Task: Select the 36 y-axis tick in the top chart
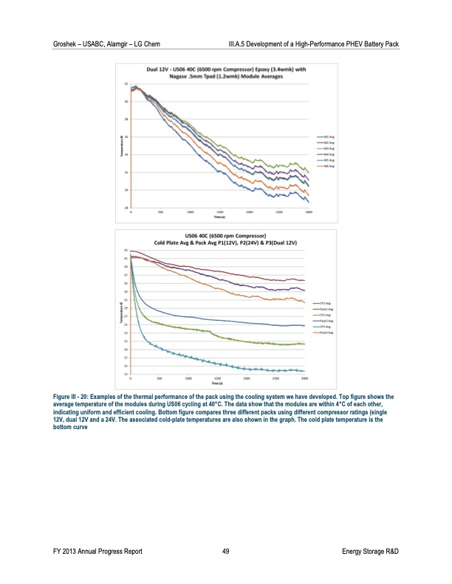click(x=126, y=136)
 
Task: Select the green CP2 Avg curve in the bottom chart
click(x=222, y=336)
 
